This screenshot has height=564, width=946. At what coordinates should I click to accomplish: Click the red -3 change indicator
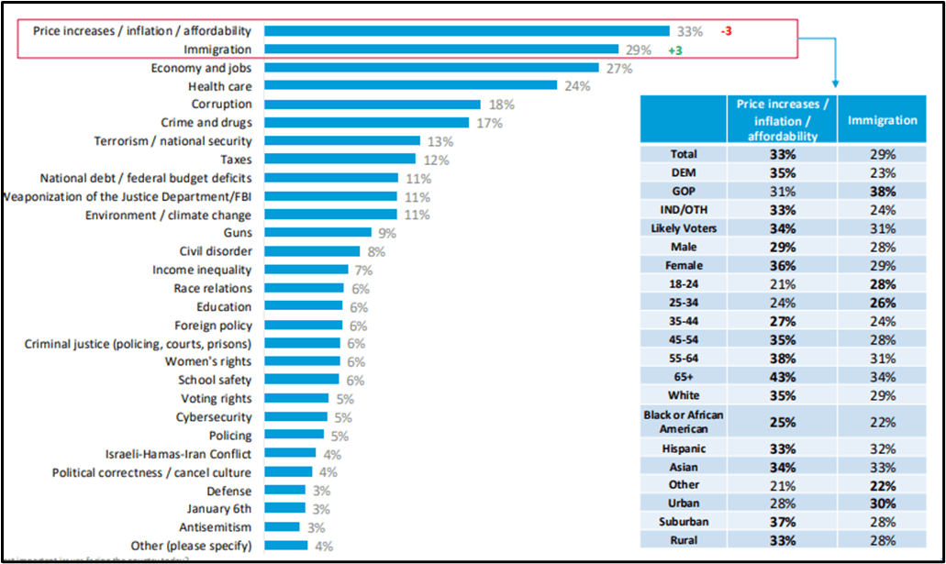pos(726,30)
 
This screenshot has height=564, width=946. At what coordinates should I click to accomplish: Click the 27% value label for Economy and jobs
pos(617,68)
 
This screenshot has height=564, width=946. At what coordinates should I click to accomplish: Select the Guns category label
pos(237,233)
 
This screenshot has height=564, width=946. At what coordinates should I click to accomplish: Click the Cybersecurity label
pos(214,417)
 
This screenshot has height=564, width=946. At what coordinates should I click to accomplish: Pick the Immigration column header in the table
pos(882,120)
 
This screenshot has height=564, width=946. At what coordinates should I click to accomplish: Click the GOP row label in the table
pos(684,191)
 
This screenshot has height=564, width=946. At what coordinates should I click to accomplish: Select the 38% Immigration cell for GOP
pos(882,191)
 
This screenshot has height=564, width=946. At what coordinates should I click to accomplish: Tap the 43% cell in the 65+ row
pos(783,376)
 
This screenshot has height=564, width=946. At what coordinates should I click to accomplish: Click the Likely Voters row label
pos(684,227)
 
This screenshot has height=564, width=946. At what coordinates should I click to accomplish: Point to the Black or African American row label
pos(684,421)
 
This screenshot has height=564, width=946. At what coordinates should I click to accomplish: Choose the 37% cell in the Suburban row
pos(783,522)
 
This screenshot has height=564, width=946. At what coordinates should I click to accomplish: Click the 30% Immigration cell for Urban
pos(882,503)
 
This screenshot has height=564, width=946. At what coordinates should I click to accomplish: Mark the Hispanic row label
pos(684,449)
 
